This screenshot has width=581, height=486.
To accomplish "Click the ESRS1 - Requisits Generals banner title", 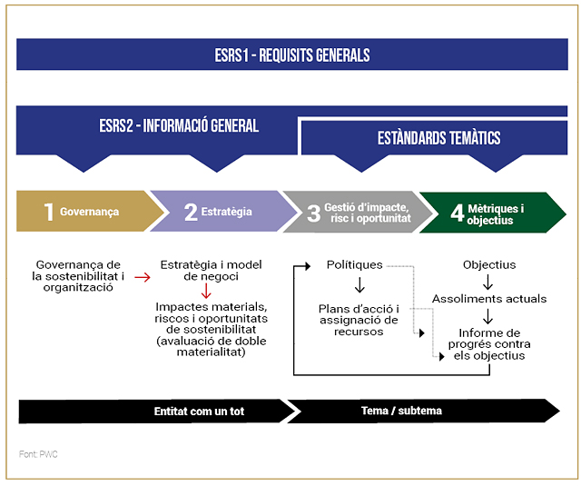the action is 292,55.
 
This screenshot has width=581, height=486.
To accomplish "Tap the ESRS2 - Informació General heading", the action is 179,125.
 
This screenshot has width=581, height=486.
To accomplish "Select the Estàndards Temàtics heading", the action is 439,138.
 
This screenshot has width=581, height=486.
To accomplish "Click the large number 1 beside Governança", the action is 49,212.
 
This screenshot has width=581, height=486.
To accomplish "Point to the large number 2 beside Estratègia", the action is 191,213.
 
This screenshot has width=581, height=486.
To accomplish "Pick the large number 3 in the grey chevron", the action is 313,213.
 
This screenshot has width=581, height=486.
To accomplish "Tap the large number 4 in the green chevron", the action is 458,213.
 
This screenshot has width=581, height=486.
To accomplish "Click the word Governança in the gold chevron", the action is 89,212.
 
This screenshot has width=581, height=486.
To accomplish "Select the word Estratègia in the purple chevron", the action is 226,212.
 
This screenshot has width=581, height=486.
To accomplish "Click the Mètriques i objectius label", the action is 496,214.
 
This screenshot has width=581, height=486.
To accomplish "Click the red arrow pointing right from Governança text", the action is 143,277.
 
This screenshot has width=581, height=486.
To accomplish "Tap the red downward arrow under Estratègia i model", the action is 206,291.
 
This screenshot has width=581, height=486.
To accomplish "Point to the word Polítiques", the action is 354,265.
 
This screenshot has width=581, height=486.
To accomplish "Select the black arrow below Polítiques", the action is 359,285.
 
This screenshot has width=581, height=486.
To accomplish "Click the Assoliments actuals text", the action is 489,299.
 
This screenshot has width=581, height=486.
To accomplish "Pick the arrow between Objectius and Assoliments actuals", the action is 488,283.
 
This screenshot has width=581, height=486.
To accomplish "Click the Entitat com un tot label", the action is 199,412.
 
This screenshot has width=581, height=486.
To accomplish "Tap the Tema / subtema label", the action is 401,411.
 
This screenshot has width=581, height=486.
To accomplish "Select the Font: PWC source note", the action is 38,454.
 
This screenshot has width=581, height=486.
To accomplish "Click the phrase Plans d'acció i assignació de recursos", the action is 359,320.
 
